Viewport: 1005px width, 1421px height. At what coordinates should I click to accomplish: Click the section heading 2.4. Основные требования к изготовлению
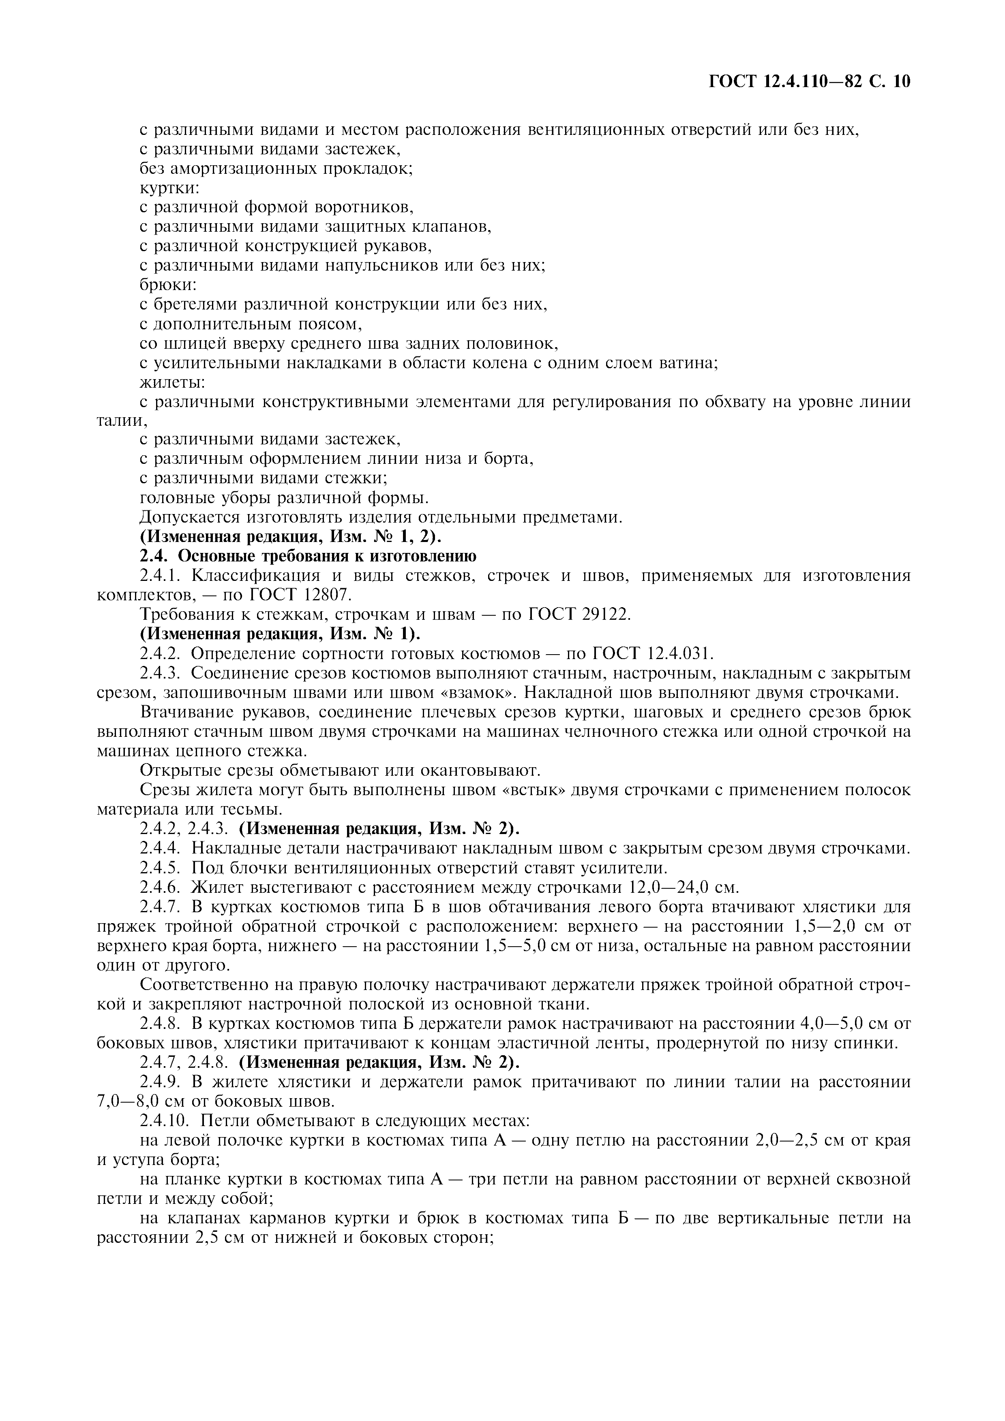(x=308, y=557)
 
